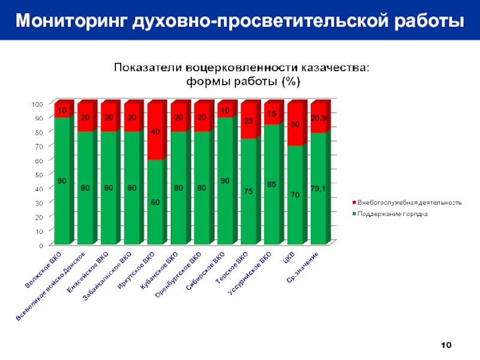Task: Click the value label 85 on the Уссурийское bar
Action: [272, 184]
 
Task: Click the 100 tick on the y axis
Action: [37, 104]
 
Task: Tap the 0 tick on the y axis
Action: [41, 245]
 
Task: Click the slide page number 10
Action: [446, 345]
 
